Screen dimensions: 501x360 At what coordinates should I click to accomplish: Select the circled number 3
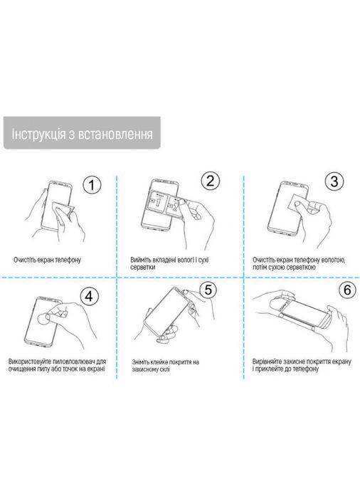(x=334, y=181)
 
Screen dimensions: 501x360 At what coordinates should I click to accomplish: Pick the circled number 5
(x=208, y=290)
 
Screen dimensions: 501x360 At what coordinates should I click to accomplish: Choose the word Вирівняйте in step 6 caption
(x=269, y=362)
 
